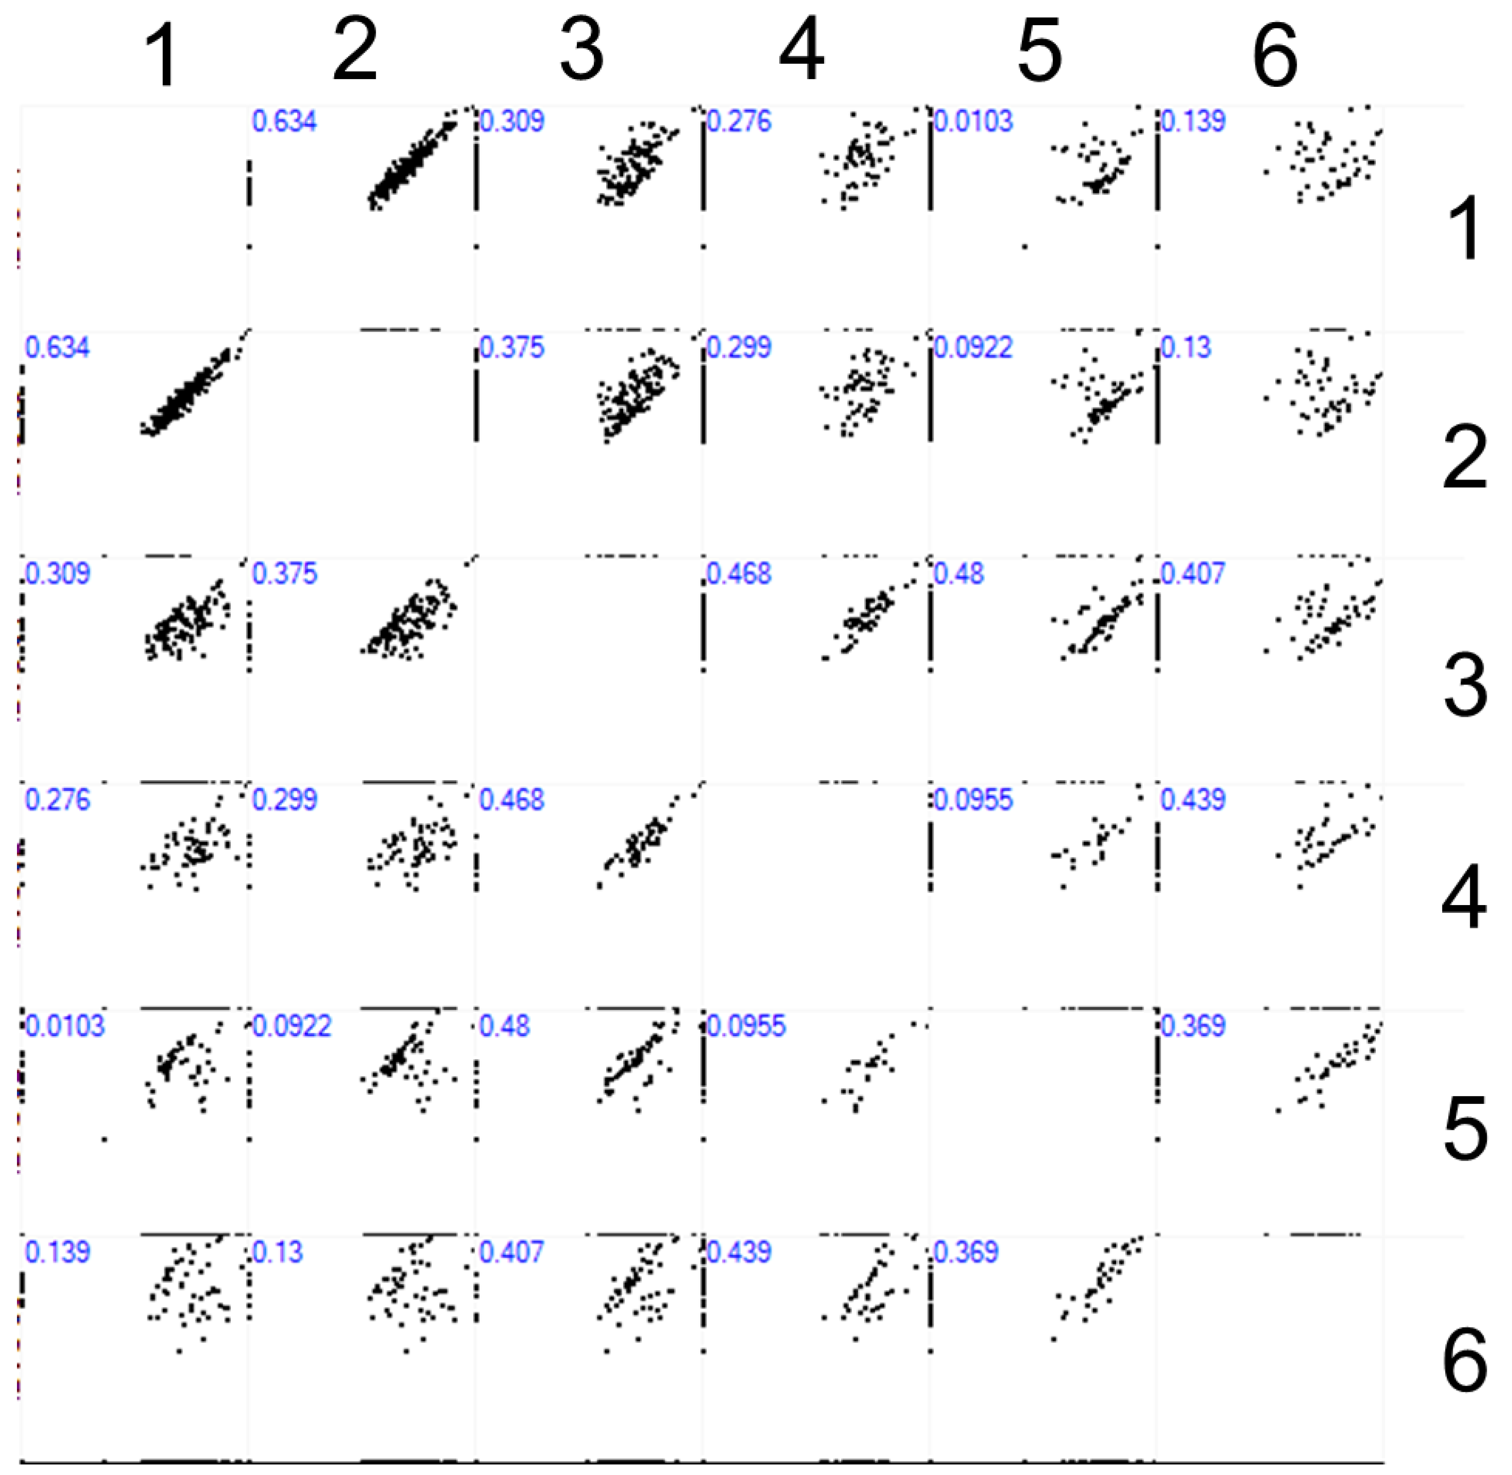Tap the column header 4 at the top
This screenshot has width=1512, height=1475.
[x=801, y=51]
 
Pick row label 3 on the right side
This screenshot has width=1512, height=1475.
[x=1464, y=685]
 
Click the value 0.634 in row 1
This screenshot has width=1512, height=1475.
[x=284, y=122]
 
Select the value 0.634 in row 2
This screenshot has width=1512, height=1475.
[x=58, y=348]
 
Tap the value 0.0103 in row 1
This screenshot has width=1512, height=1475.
[x=973, y=122]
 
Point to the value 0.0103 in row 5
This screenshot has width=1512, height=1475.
[x=65, y=1026]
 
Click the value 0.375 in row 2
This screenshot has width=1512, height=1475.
[x=512, y=348]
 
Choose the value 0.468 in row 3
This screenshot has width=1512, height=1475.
[x=739, y=574]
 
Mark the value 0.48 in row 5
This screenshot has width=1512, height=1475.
[x=504, y=1026]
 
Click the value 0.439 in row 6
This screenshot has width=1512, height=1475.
[x=739, y=1252]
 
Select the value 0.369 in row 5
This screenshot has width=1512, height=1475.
[x=1193, y=1026]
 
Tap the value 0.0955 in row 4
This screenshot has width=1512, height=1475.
[x=973, y=800]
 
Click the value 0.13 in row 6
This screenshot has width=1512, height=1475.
[x=278, y=1252]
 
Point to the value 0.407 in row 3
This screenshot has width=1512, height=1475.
[x=1193, y=574]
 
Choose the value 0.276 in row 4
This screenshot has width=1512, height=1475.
[x=58, y=800]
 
